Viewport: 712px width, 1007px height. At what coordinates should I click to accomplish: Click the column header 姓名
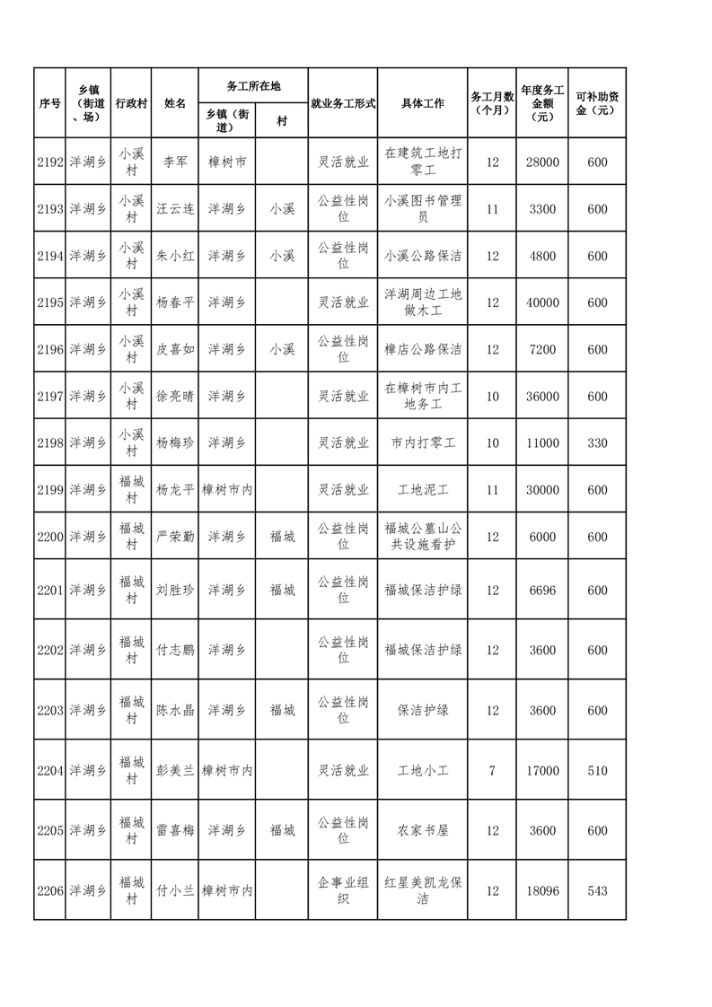[x=175, y=103]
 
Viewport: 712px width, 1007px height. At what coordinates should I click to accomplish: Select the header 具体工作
[x=423, y=103]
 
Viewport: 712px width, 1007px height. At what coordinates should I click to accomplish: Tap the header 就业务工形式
[x=342, y=103]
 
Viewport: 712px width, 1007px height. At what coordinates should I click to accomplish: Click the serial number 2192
[x=50, y=162]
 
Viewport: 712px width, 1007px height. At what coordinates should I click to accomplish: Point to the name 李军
[x=175, y=162]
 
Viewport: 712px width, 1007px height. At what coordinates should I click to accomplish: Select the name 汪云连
[x=175, y=209]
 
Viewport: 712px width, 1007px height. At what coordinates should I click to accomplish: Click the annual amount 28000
[x=542, y=162]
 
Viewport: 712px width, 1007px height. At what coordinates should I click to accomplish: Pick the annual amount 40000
[x=542, y=302]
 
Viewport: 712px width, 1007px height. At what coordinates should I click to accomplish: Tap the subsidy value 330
[x=597, y=442]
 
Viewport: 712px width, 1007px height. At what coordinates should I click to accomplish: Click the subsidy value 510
[x=597, y=770]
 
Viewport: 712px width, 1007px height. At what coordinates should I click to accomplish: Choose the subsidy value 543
[x=597, y=890]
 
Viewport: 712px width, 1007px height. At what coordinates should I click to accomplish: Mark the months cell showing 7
[x=492, y=770]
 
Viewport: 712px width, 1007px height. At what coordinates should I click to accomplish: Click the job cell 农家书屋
[x=423, y=830]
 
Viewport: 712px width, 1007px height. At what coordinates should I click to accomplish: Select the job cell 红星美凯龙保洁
[x=423, y=890]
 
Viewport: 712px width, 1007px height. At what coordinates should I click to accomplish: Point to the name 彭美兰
[x=175, y=770]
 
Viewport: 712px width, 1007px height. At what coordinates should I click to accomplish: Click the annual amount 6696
[x=542, y=590]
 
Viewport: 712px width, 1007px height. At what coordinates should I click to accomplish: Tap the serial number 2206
[x=50, y=890]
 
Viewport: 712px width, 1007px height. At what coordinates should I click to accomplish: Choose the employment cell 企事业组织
[x=342, y=890]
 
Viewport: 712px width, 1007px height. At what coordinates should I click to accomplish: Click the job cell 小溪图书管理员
[x=423, y=209]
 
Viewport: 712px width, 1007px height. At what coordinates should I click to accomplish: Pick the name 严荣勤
[x=175, y=536]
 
